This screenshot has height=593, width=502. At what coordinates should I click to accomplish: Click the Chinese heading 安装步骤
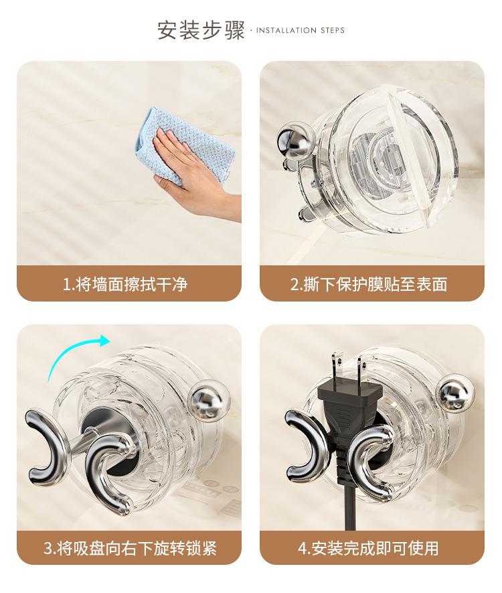(201, 30)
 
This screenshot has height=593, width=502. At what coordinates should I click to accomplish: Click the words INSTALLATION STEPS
(301, 30)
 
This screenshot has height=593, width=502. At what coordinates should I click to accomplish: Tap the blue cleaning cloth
(185, 147)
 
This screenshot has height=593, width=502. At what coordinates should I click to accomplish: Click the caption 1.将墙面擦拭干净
(125, 284)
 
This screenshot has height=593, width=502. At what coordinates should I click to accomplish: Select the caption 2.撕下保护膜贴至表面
(369, 284)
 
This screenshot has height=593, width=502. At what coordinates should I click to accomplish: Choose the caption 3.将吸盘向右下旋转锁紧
(130, 548)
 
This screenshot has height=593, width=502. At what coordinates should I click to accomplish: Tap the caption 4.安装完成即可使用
(368, 548)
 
